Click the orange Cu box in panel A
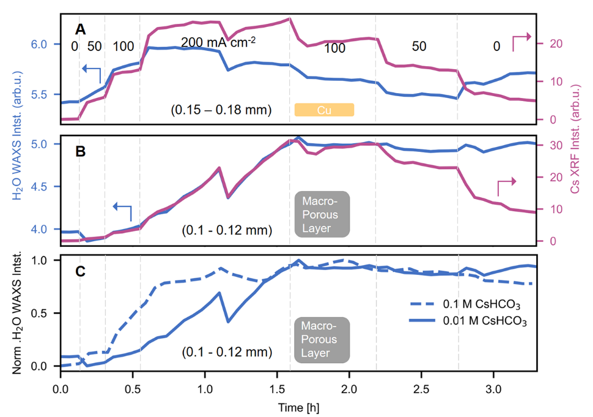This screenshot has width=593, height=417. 325,110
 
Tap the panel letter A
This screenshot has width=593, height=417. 80,29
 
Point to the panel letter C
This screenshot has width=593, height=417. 80,271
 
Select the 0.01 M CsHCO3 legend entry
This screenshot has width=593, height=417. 482,321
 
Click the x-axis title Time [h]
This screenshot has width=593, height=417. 298,407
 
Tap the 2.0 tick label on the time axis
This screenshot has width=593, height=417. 349,389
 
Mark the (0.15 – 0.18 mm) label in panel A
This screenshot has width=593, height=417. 221,110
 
